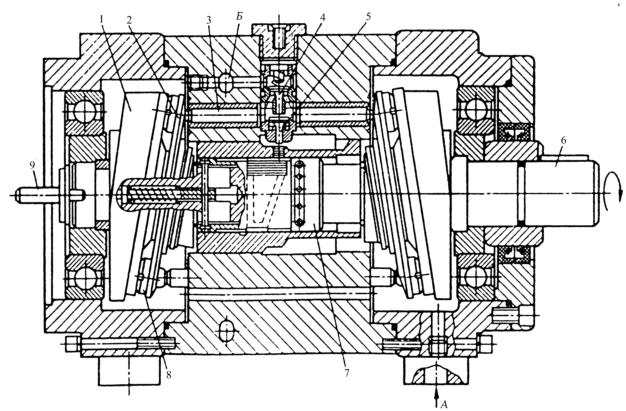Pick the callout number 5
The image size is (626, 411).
pyautogui.click(x=368, y=17)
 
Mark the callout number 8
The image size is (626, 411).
pyautogui.click(x=169, y=375)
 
